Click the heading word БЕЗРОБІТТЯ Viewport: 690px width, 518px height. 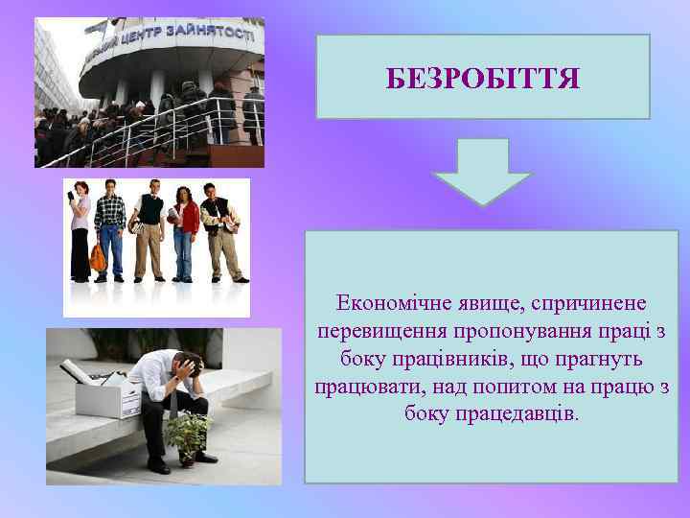click(x=483, y=78)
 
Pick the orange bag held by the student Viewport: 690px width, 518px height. click(x=98, y=257)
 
